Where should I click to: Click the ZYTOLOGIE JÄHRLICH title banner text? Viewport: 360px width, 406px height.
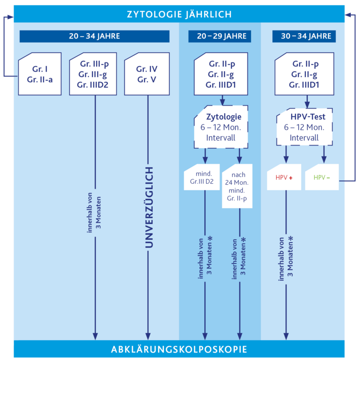[179, 14]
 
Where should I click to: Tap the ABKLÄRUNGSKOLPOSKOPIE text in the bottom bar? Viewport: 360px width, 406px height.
[179, 349]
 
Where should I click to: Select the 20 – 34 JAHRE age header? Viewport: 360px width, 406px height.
[94, 36]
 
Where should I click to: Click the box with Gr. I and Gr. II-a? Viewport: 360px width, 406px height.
[40, 74]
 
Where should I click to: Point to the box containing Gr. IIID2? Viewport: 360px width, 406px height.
[93, 74]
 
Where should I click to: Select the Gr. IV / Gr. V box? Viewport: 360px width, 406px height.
[147, 74]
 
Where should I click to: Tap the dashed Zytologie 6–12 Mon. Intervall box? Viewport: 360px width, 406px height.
[221, 127]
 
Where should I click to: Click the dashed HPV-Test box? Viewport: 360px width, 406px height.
[304, 127]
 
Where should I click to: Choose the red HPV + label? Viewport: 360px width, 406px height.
[284, 178]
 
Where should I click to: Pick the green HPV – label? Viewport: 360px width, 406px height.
[322, 178]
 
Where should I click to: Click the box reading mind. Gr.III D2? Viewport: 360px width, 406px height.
[202, 177]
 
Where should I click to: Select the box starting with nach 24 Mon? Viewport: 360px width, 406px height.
[237, 186]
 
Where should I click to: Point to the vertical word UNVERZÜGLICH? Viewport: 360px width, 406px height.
[149, 208]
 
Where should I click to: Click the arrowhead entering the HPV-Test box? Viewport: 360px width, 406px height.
[307, 105]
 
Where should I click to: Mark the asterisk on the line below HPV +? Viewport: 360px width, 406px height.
[291, 238]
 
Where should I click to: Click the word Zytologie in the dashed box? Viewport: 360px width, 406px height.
[224, 117]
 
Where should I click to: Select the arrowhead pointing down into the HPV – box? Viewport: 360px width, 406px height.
[324, 160]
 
